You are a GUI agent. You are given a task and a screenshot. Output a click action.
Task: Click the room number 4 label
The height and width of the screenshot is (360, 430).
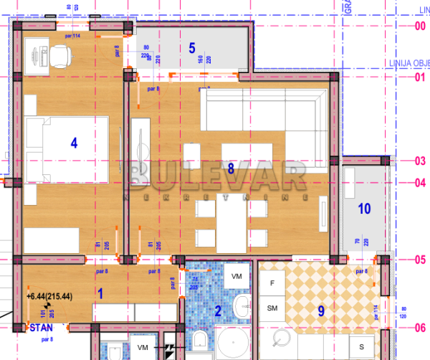[73, 143]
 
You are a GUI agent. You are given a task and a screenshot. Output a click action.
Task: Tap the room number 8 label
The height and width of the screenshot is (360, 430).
[230, 169]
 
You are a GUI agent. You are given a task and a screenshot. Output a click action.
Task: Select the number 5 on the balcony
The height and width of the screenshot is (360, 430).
[191, 48]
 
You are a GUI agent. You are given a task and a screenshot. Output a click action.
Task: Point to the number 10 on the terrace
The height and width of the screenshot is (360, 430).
[364, 209]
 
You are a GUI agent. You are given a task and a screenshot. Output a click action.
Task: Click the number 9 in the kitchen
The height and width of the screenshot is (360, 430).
[321, 311]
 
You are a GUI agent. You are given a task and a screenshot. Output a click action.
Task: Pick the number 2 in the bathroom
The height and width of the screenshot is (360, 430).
[217, 311]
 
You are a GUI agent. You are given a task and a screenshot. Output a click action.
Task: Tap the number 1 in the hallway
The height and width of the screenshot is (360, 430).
[100, 293]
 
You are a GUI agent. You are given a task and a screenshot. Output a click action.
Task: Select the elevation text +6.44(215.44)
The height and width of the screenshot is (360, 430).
[51, 295]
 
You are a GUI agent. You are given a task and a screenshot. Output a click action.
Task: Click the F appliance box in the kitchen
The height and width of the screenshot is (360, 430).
[272, 283]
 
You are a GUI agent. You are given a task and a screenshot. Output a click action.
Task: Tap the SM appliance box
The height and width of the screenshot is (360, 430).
[272, 308]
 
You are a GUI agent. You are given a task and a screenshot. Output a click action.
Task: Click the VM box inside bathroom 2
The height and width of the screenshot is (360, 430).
[237, 275]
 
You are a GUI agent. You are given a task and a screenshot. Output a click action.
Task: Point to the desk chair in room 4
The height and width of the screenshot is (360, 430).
[60, 53]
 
